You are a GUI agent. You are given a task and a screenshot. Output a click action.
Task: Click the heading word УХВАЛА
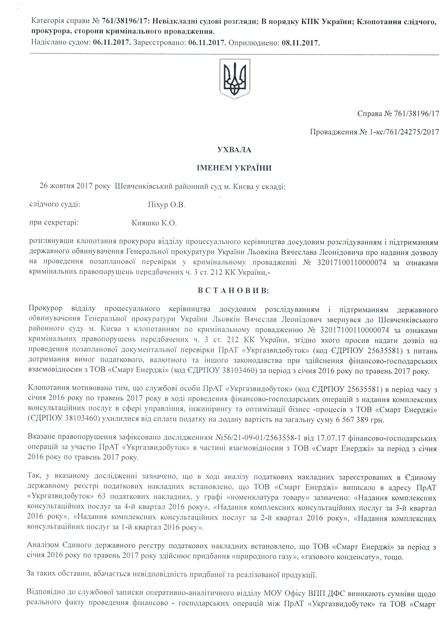pyautogui.click(x=234, y=150)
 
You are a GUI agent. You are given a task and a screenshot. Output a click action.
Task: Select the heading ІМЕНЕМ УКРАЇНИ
pyautogui.click(x=234, y=168)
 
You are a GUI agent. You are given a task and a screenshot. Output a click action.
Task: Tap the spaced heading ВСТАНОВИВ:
pyautogui.click(x=233, y=291)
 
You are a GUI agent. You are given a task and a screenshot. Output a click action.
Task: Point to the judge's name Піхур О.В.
pyautogui.click(x=166, y=205)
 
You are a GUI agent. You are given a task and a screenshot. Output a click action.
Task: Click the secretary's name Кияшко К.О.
pyautogui.click(x=154, y=223)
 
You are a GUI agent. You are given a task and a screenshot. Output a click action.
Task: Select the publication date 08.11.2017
pyautogui.click(x=300, y=43)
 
